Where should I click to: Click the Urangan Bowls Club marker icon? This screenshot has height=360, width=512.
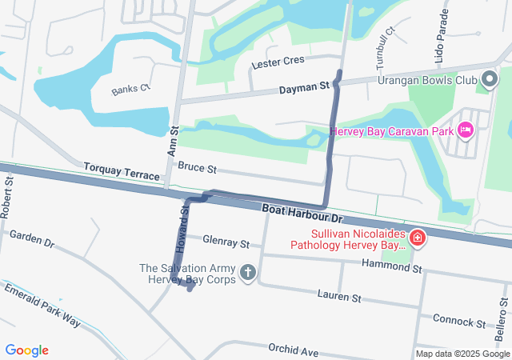coord(490,80)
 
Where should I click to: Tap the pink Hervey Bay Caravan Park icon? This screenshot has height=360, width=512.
coord(466,130)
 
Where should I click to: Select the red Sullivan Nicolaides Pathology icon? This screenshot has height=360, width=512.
coord(417,238)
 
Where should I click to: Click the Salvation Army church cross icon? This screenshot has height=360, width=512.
coord(248,274)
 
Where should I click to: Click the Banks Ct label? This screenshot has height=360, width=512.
coord(130,89)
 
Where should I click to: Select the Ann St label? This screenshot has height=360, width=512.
coord(171,144)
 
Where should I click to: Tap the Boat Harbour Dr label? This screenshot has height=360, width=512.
coord(302,213)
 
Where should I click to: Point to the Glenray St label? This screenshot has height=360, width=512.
coord(226,241)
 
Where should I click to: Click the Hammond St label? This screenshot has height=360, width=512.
coord(391,265)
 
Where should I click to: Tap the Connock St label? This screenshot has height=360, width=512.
coord(459,321)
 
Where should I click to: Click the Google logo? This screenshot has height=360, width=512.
coord(27,350)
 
